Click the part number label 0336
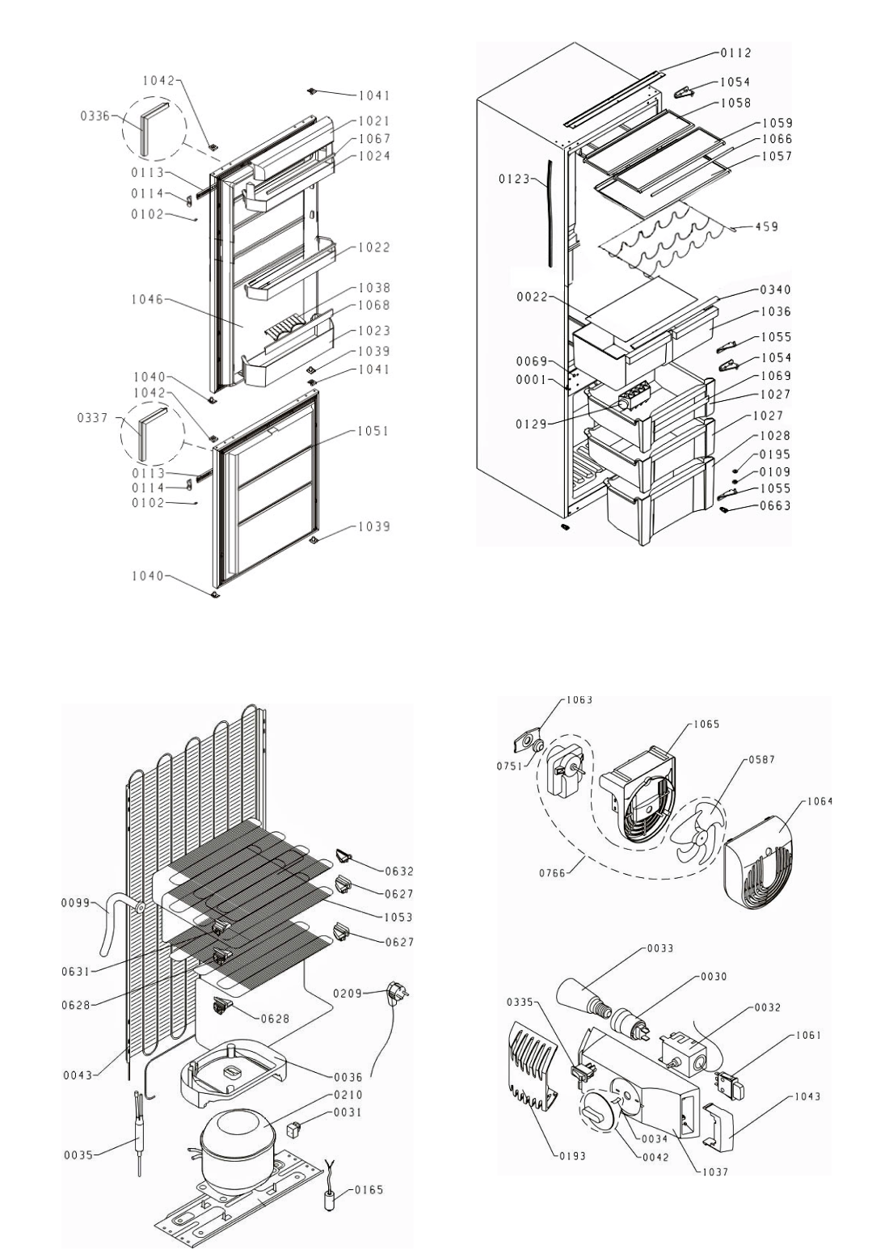[95, 117]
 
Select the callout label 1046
[147, 300]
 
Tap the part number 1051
[374, 431]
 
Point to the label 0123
[513, 179]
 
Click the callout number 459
[767, 227]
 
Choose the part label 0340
[776, 289]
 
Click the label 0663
[776, 506]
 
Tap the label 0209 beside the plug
[348, 993]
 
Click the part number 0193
[571, 1156]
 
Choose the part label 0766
[554, 870]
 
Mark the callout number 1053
[398, 917]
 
